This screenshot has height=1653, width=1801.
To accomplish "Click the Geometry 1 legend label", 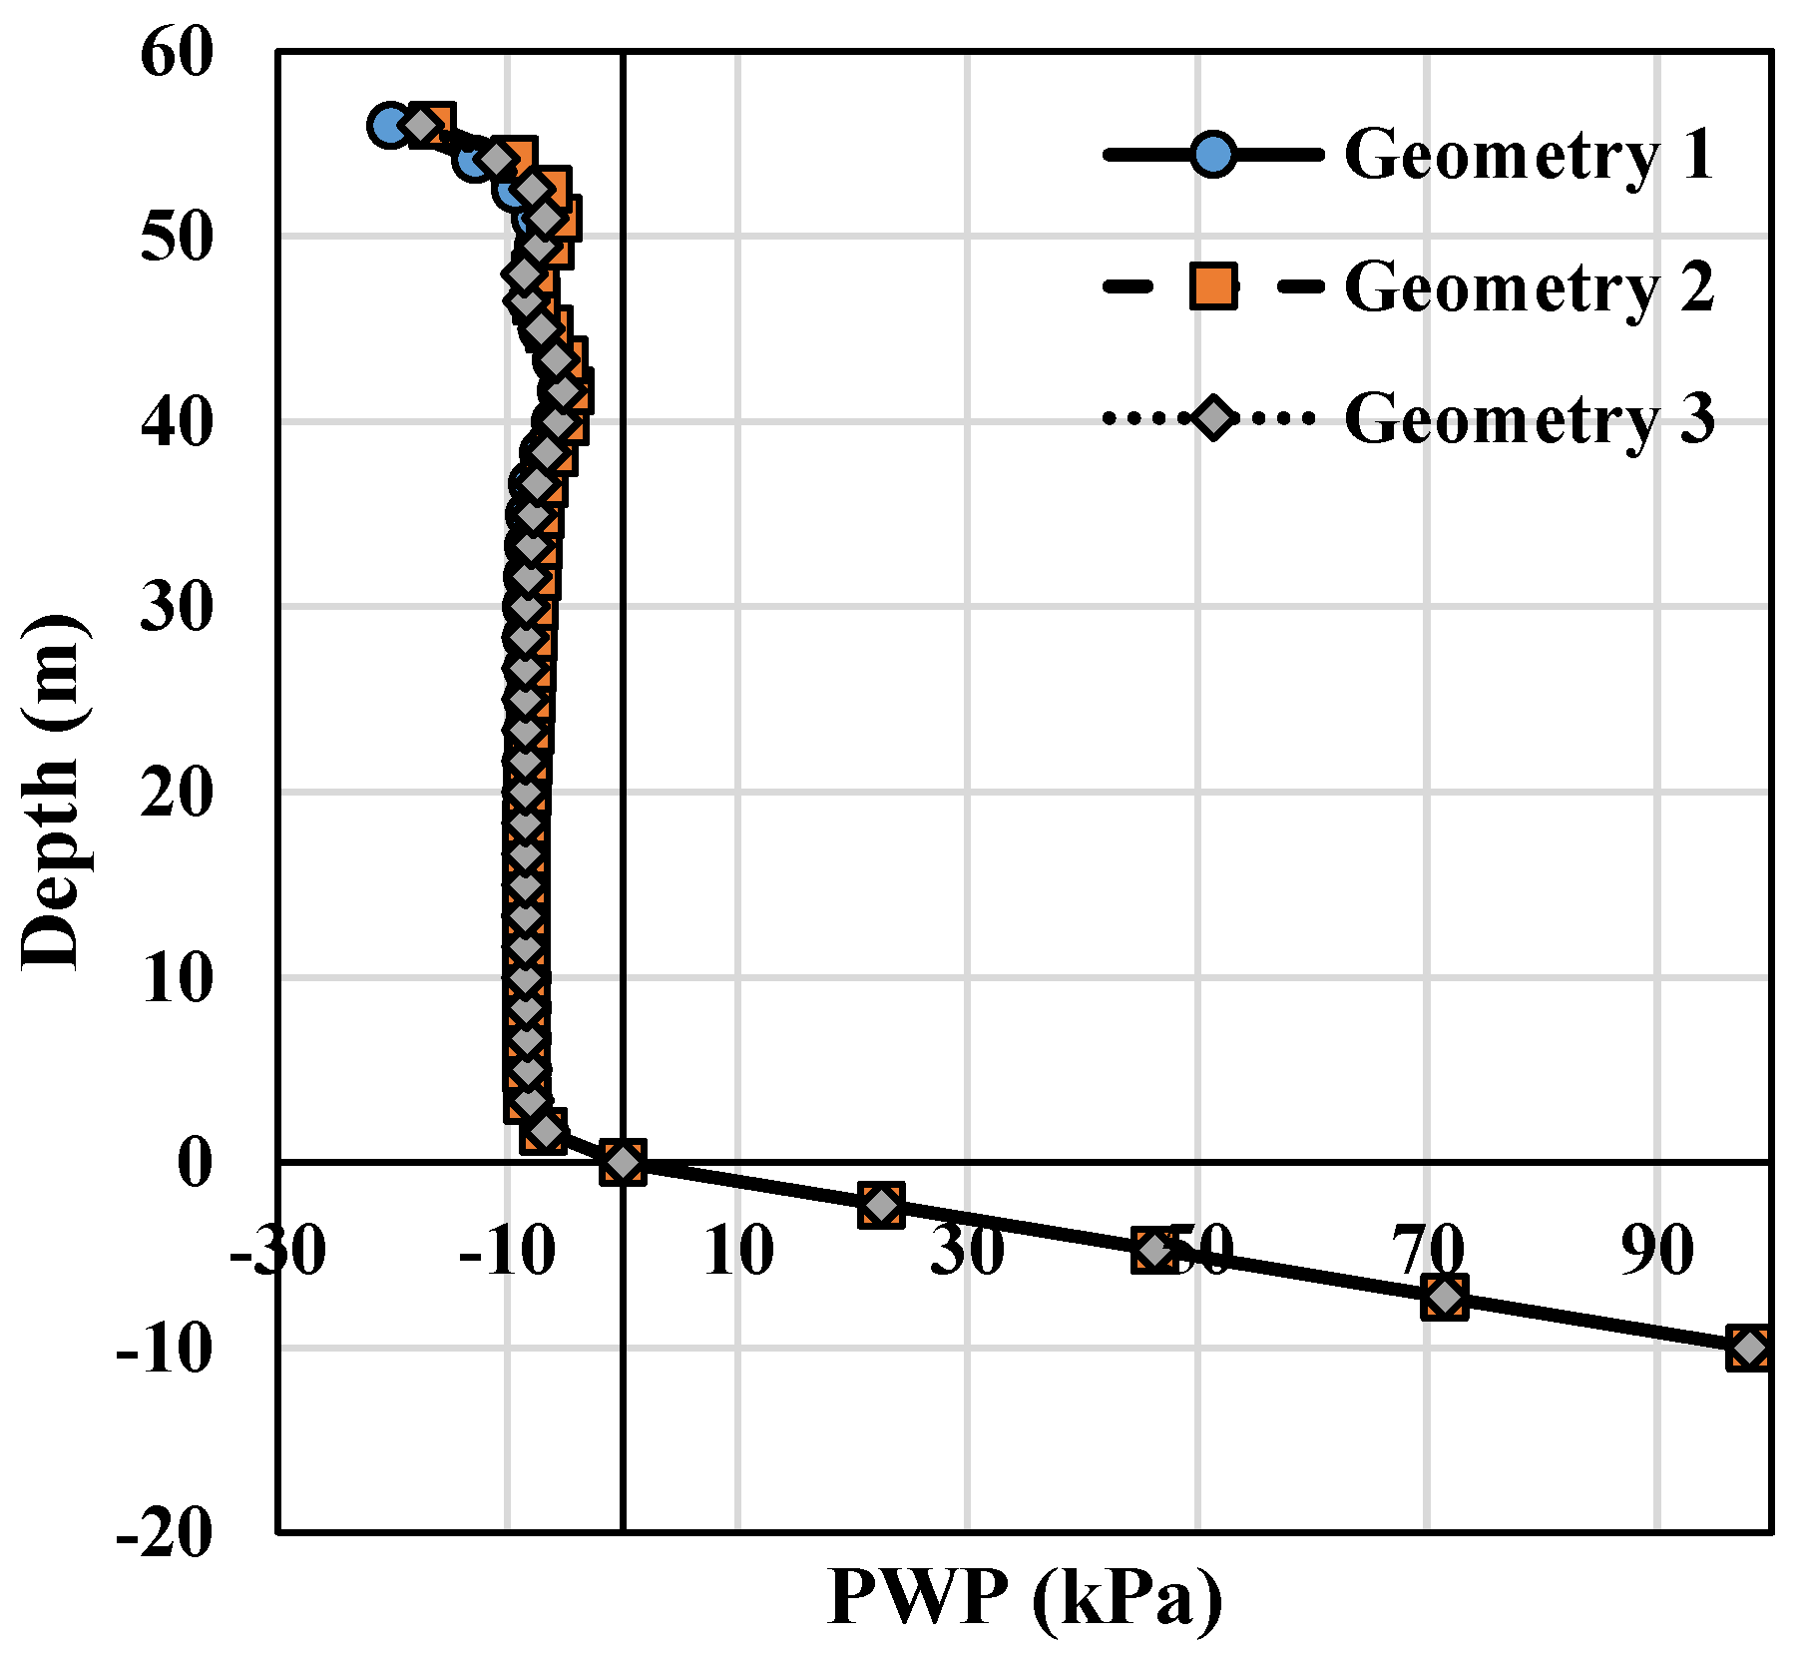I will tap(1528, 155).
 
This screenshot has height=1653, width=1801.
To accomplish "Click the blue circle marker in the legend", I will tap(1212, 155).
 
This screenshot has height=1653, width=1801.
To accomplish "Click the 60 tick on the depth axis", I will tap(178, 54).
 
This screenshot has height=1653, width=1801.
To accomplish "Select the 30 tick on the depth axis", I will tap(178, 608).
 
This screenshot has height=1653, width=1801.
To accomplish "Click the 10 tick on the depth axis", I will tap(178, 978).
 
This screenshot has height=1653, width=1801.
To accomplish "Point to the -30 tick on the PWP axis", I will tap(277, 1250).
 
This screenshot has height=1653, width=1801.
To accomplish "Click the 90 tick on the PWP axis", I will tap(1656, 1250).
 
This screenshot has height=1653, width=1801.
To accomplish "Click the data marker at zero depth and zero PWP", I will tap(623, 1163).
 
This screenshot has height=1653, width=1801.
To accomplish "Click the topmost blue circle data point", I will tap(389, 126).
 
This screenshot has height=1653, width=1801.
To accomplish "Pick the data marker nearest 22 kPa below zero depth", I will tap(881, 1206).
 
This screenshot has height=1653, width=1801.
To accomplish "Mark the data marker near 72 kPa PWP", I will tap(1445, 1298).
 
